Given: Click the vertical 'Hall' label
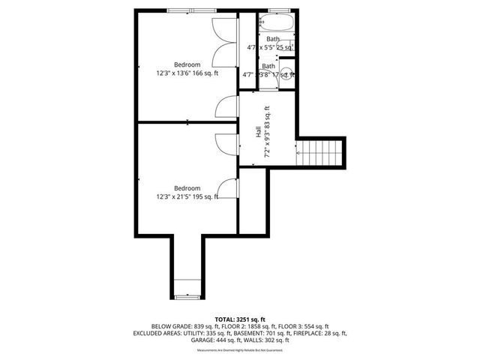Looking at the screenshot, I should [x=258, y=131].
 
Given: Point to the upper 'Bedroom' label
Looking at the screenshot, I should [x=187, y=64].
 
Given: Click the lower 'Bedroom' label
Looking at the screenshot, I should [x=187, y=187].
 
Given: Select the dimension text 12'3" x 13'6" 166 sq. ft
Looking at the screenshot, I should [x=187, y=73].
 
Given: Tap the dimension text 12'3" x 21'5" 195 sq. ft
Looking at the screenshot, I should [x=187, y=197].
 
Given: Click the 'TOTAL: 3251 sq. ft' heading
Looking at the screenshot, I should [x=239, y=319].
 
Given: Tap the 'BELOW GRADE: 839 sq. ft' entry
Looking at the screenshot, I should [x=184, y=326].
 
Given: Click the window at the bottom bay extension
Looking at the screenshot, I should [x=187, y=297].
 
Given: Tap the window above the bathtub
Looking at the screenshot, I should [x=277, y=10].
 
